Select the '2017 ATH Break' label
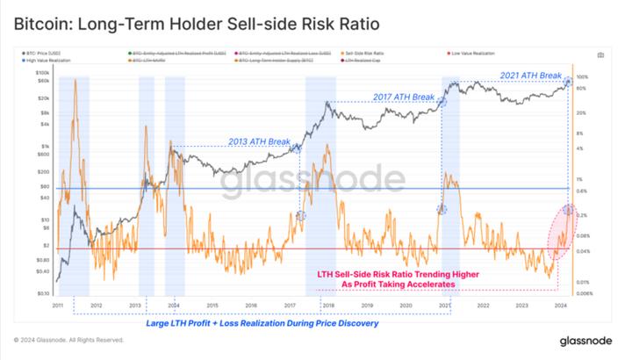(x=403, y=95)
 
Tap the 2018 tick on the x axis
(x=327, y=305)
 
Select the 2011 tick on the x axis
(x=58, y=305)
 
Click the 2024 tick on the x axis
(x=558, y=305)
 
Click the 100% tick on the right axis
(x=582, y=77)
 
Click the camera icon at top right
(x=600, y=54)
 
